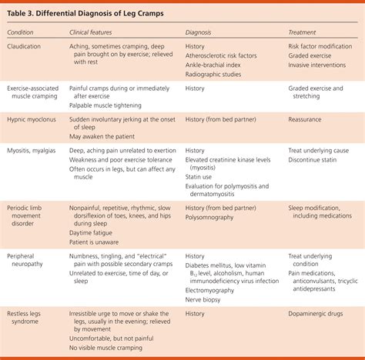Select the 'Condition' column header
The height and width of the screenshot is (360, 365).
coord(25,33)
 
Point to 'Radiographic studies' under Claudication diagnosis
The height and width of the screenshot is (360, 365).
coord(218,77)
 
